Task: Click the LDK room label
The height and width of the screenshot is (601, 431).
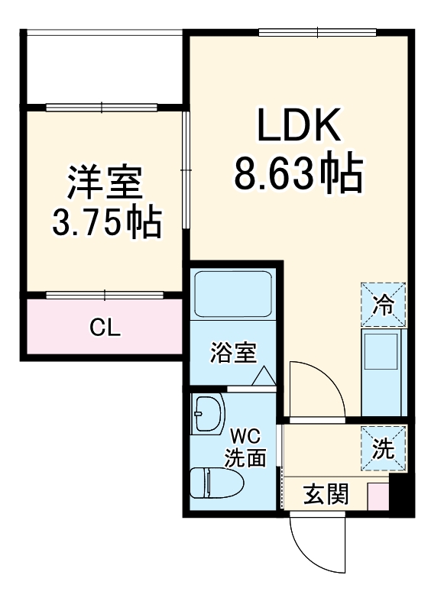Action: click(298, 128)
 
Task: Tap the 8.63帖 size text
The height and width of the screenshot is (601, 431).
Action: click(297, 174)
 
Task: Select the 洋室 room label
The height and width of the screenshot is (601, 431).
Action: click(105, 184)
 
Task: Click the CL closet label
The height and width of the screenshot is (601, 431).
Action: click(105, 328)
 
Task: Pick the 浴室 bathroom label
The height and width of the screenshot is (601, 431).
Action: click(234, 353)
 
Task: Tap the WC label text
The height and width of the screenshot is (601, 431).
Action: click(246, 438)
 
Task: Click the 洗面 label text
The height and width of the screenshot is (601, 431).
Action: click(246, 458)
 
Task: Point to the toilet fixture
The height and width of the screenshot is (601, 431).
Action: click(216, 483)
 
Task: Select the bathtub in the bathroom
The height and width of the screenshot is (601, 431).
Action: click(233, 295)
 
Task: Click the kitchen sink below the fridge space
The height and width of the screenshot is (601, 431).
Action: click(383, 354)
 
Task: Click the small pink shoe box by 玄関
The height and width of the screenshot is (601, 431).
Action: click(378, 496)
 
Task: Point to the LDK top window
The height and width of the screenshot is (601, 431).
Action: click(318, 32)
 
